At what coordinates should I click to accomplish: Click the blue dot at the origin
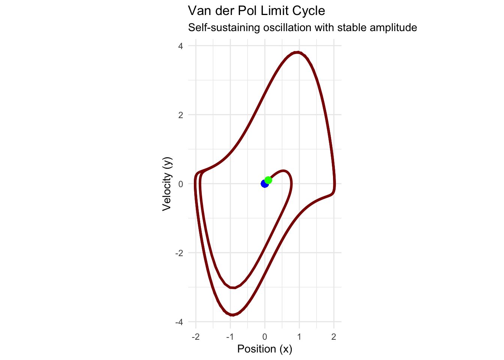point(264,184)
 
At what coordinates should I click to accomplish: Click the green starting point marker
point(268,180)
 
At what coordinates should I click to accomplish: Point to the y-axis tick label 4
point(181,46)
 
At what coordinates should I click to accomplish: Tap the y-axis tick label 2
point(181,115)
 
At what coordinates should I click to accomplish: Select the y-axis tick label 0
point(181,184)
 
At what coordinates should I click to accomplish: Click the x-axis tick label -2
point(195,337)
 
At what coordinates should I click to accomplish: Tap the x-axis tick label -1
point(230,337)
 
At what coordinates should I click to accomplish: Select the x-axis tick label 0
point(265,337)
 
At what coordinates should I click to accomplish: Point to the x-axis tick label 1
point(299,337)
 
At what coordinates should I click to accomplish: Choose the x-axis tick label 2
point(334,337)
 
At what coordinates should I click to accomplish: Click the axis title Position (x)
point(265,349)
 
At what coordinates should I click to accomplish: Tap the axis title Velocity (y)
point(167,184)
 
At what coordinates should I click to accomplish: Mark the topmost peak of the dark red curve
point(298,52)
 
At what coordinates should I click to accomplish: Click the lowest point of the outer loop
point(232,315)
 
